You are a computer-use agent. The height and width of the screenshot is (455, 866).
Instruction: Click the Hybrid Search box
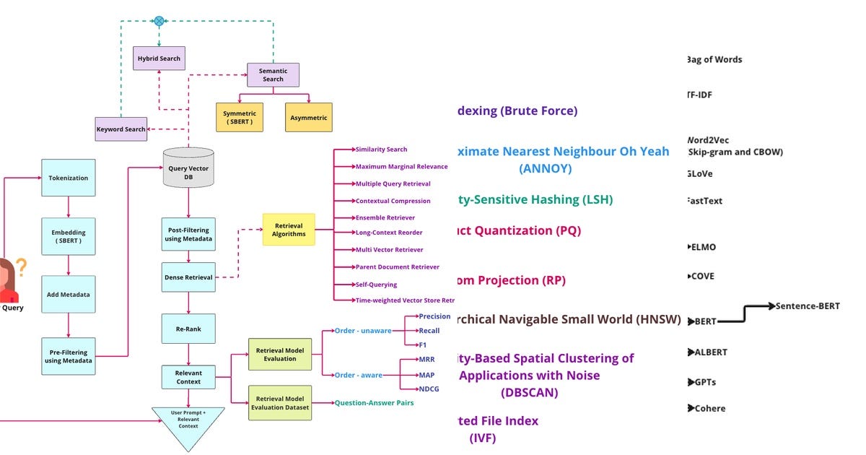coord(159,58)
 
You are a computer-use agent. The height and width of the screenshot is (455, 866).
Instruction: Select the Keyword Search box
coord(121,129)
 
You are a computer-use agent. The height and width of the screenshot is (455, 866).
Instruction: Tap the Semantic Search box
coord(273,75)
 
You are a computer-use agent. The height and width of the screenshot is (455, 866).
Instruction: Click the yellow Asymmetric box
coord(308,118)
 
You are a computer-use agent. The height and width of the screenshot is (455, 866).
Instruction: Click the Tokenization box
coord(69,178)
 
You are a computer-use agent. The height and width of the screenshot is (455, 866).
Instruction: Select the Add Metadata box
coord(69,295)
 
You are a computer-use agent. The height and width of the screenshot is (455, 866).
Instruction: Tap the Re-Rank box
coord(188,329)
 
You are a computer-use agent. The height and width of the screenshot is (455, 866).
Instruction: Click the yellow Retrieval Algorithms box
coord(289,230)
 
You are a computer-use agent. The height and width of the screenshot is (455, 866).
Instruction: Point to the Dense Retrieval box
coord(188,277)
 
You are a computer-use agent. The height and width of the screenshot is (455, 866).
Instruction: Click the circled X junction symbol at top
coord(159,21)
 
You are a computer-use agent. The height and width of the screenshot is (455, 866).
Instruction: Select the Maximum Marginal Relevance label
coord(401,167)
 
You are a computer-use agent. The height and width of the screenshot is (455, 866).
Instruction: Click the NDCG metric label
coord(429,389)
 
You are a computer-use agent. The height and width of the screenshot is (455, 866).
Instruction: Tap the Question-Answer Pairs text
coord(374,403)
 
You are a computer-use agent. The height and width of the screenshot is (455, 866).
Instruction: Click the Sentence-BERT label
coord(808,306)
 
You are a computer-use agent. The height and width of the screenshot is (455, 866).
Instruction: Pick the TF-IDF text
coord(700,95)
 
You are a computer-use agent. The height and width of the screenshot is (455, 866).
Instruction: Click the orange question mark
coord(21,269)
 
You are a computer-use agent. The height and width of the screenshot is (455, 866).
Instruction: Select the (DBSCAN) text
coord(529,393)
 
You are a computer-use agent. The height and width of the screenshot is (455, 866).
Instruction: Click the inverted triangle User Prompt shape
coord(188,425)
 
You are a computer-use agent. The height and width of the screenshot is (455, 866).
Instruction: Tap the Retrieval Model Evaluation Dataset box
coord(280,403)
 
